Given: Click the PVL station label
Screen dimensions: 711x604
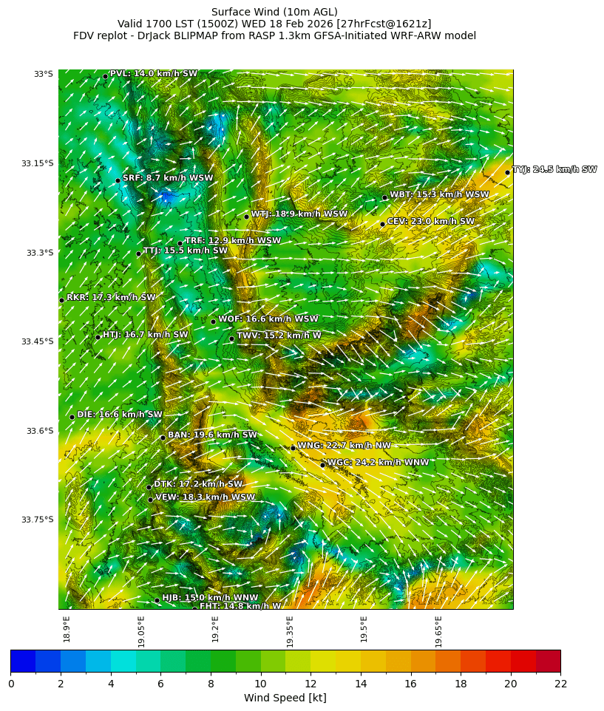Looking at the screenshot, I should [154, 74].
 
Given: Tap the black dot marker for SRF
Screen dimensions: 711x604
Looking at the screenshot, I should [118, 180].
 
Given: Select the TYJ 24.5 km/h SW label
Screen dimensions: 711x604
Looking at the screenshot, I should [554, 170].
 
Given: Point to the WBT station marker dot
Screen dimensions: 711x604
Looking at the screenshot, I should [384, 197].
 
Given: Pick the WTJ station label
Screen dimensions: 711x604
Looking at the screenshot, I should [299, 214].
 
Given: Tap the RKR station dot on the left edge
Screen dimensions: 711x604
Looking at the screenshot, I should [61, 300].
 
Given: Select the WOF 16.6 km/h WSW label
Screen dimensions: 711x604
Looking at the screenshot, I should [268, 319].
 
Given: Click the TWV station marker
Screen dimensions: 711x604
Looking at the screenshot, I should [231, 339].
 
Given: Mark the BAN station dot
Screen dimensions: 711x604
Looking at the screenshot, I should [163, 438].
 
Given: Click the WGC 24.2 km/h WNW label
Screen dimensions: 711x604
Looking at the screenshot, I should [378, 463].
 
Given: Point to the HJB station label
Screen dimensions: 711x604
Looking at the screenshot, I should [210, 598].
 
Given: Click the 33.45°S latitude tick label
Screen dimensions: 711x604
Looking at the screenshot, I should [38, 341].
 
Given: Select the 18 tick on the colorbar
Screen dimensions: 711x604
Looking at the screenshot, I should [460, 684].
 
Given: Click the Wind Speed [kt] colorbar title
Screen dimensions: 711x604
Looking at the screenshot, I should [285, 698].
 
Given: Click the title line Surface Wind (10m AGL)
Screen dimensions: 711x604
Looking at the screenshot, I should [274, 12].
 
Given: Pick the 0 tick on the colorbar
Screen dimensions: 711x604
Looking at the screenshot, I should [10, 684].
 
